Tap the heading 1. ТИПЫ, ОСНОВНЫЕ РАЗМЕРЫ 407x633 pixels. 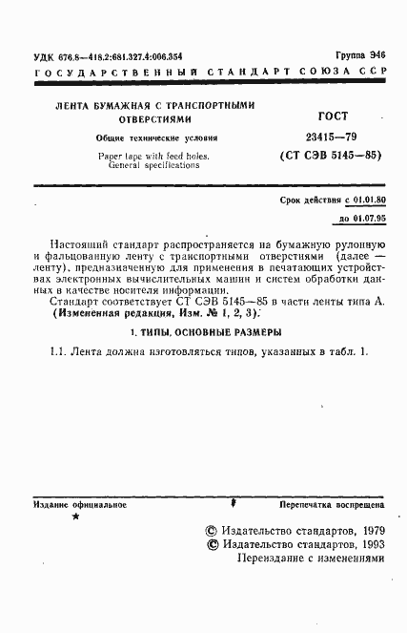coord(205,332)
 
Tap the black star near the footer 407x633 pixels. coord(75,516)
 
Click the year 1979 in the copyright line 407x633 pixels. coord(368,530)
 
